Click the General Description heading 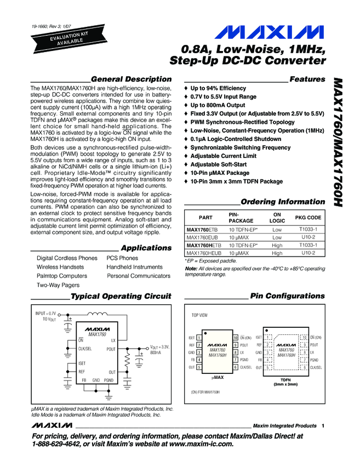pos(131,79)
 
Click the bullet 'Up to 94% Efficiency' pos(218,88)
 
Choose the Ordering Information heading pos(283,202)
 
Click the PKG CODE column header pos(308,218)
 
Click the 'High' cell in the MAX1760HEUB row pos(277,253)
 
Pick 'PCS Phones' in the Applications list pos(122,258)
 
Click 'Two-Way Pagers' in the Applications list pos(58,285)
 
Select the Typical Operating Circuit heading pos(121,296)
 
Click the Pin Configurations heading pos(287,296)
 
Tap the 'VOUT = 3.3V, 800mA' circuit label pos(160,350)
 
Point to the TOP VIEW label pos(199,316)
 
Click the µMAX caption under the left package pos(218,378)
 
